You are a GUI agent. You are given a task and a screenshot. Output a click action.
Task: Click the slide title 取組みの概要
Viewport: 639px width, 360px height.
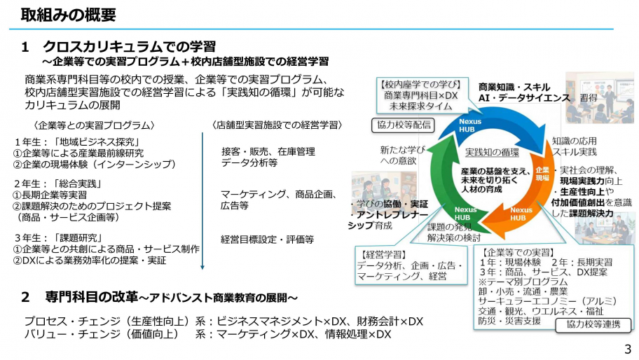[69, 15]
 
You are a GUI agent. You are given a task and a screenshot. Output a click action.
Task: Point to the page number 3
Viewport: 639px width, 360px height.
[628, 349]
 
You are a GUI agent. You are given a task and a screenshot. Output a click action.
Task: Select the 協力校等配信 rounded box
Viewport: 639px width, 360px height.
[403, 125]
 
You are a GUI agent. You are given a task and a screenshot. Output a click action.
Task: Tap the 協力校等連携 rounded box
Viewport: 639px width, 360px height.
[593, 324]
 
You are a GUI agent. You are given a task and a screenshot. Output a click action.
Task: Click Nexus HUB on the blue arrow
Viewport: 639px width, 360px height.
[470, 125]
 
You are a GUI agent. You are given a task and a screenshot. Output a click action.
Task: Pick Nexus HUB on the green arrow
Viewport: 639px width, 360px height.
[465, 214]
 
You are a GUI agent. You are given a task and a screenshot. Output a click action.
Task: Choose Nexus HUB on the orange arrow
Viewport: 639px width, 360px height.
[521, 214]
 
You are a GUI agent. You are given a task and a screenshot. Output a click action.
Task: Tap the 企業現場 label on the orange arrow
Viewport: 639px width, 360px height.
[542, 174]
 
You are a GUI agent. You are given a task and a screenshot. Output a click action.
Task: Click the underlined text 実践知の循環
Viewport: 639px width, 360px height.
[492, 152]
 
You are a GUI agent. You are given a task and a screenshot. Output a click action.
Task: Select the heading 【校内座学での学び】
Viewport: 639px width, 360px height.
[420, 85]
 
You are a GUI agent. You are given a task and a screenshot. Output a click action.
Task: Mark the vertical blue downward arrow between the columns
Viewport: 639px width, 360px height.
[202, 201]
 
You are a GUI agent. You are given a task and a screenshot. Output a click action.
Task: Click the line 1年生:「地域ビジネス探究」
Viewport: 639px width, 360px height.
[78, 142]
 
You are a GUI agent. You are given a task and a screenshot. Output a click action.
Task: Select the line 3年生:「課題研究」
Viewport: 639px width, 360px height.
[58, 238]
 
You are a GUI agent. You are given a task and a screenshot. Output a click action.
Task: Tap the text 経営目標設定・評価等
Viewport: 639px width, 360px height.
[268, 240]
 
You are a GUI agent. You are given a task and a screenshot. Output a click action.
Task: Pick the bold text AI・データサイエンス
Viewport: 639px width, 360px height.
[524, 98]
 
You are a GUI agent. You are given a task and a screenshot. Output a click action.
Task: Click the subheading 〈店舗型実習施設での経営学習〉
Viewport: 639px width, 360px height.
[277, 125]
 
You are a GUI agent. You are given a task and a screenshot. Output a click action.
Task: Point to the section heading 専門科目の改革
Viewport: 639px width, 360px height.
[91, 297]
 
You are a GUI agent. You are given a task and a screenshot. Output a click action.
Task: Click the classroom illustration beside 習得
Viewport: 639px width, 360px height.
[600, 98]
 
